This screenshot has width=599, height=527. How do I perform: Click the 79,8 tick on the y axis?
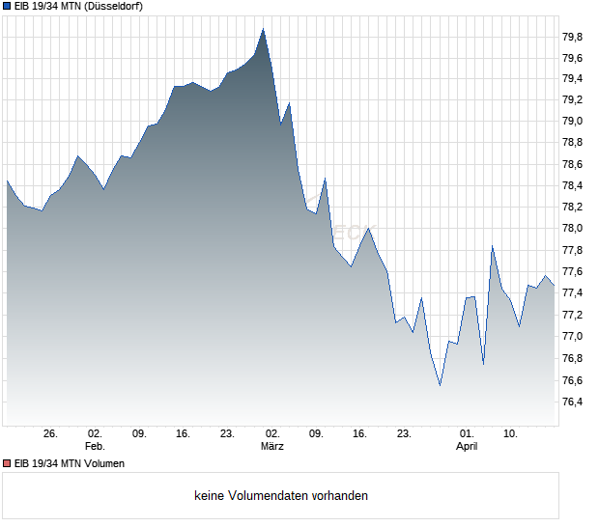coord(572,37)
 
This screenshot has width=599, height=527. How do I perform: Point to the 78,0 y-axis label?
coord(572,229)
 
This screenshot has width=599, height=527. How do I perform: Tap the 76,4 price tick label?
coord(572,402)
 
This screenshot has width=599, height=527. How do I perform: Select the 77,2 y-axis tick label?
coord(572,316)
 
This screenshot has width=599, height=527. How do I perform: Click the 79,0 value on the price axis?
coord(572,122)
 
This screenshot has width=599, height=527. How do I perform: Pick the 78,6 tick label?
coord(572,165)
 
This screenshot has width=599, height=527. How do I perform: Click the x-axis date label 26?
coord(51,434)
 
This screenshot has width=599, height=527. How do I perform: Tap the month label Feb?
coord(95,447)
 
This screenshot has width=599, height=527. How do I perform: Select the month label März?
coord(272,447)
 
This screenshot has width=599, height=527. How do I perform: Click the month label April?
coord(467,447)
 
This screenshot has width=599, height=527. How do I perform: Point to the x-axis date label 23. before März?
coord(227,434)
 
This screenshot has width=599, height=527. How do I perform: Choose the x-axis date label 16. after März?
coord(360,434)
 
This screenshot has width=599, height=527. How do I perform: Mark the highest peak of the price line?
coord(263,29)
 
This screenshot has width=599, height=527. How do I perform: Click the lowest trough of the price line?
coord(440,385)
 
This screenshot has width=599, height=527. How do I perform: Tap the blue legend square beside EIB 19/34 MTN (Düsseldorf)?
coord(8,7)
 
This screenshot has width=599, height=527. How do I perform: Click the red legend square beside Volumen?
coord(8,463)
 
